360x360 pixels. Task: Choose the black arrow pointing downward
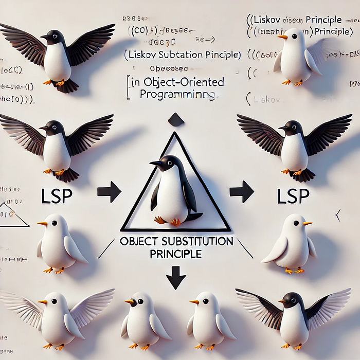tap(176, 278)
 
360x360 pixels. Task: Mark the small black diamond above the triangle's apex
tap(175, 120)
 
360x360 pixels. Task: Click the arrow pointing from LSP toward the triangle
tap(109, 192)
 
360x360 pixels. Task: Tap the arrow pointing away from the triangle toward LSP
tap(241, 192)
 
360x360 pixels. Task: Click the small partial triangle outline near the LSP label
tap(13, 215)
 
